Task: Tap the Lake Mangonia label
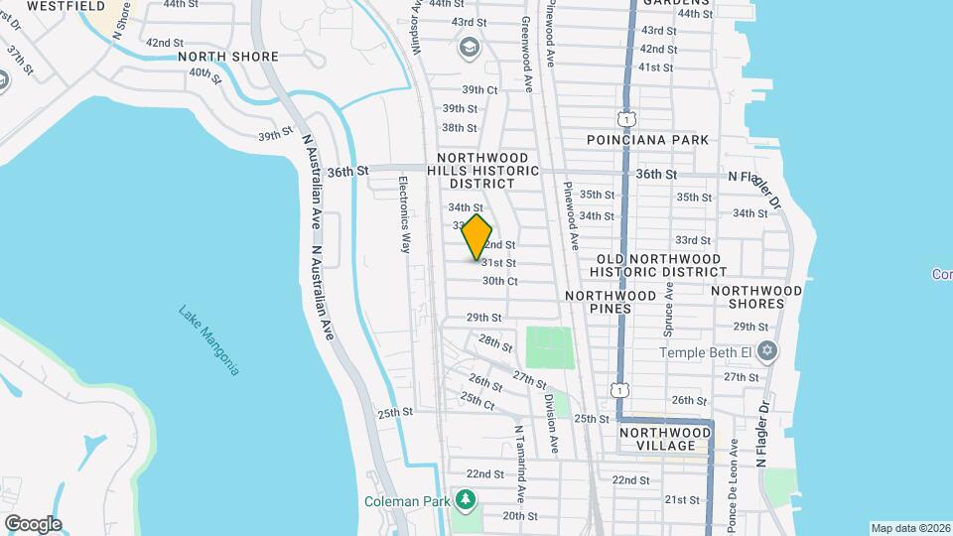point(209,339)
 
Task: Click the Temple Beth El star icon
point(766,351)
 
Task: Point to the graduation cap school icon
point(468,46)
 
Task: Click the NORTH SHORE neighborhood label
point(229,57)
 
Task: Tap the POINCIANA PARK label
point(647,140)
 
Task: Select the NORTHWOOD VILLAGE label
point(664,439)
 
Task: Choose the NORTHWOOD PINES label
point(611,302)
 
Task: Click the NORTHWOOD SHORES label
point(755,297)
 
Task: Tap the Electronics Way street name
point(404,214)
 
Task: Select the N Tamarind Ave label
point(518,463)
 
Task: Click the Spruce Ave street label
point(669,305)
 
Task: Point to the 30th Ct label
point(500,281)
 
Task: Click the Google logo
point(33,523)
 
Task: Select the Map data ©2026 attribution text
point(909,528)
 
